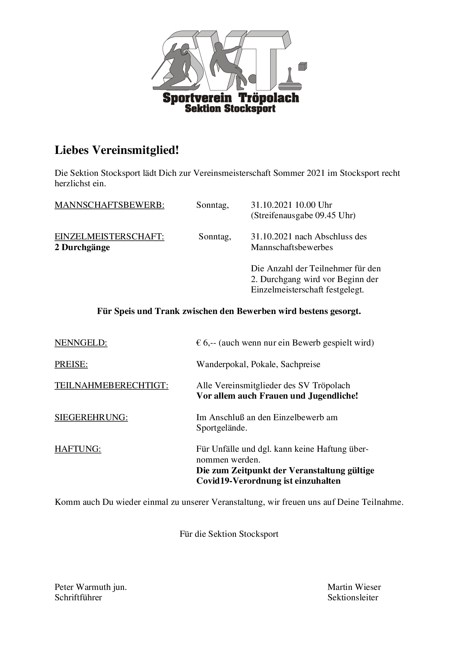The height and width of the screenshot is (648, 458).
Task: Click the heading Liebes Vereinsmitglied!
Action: (x=117, y=150)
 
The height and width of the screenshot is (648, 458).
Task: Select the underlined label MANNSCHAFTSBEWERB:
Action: (x=109, y=205)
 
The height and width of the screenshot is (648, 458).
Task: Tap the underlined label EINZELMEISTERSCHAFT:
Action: (x=109, y=237)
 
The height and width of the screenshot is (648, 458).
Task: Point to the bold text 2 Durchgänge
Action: (x=82, y=247)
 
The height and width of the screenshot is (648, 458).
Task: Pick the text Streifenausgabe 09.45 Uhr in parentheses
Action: (x=303, y=215)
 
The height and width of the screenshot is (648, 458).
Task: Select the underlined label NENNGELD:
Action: (x=81, y=343)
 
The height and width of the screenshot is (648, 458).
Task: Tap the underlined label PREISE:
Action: (x=71, y=364)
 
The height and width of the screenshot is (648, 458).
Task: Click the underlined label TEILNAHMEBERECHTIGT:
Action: (x=111, y=386)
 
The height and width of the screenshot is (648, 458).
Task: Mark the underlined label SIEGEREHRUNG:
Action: (x=91, y=418)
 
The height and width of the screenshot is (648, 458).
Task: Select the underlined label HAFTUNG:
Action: (x=78, y=449)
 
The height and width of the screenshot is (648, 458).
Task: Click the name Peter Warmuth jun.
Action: (x=90, y=587)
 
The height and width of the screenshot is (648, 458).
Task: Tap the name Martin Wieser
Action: (x=354, y=587)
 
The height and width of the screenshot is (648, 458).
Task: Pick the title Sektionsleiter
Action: (x=353, y=598)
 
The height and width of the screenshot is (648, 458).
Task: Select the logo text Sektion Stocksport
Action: (x=230, y=109)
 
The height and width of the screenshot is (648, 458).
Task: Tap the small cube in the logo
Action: (x=303, y=66)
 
